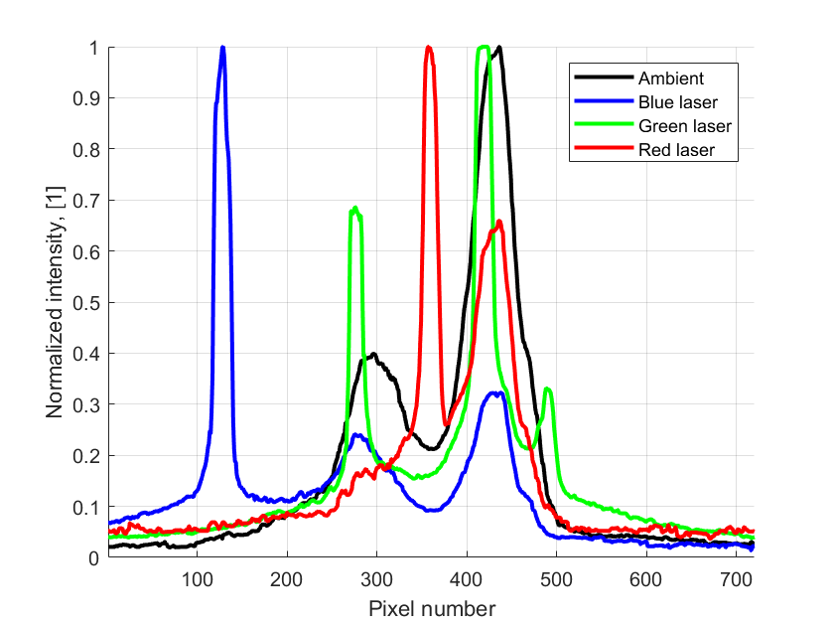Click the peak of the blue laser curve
(x=222, y=48)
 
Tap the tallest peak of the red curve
(x=429, y=48)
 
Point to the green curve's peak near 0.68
(x=355, y=209)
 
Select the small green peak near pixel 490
(x=547, y=390)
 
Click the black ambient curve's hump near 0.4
(x=373, y=354)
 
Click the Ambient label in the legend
(x=672, y=78)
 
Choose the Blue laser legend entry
(x=678, y=101)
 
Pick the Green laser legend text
(x=685, y=126)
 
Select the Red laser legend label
(x=676, y=150)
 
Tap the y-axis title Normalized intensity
(x=54, y=303)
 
